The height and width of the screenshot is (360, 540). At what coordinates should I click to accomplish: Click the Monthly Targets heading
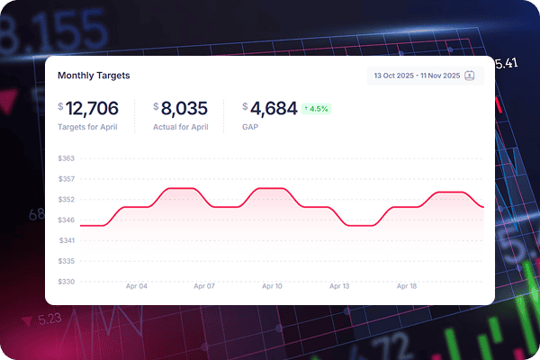(x=94, y=76)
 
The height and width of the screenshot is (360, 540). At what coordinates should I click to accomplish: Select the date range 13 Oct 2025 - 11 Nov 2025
(x=416, y=76)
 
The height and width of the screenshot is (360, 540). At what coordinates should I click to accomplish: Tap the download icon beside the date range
(x=469, y=76)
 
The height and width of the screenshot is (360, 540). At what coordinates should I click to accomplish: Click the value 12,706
(x=92, y=109)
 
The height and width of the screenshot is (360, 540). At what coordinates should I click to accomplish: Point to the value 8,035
(x=185, y=109)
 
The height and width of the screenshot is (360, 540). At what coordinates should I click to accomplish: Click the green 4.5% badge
(x=316, y=109)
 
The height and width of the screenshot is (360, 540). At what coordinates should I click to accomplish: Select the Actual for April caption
(x=181, y=128)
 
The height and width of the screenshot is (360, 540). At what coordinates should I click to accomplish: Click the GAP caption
(x=250, y=128)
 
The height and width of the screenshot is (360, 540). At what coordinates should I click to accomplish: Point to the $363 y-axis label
(x=66, y=158)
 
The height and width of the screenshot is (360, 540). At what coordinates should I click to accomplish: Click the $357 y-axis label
(x=66, y=178)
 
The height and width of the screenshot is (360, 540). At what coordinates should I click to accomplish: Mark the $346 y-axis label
(x=66, y=220)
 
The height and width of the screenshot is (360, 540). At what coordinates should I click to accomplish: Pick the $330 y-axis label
(x=66, y=282)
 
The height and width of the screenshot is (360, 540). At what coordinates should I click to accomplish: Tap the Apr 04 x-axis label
(x=136, y=286)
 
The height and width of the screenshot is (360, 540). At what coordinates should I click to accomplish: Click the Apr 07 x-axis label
(x=203, y=286)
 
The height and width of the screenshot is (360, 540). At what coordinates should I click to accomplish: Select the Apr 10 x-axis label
(x=271, y=286)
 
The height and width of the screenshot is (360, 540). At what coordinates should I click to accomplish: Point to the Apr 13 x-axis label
(x=339, y=286)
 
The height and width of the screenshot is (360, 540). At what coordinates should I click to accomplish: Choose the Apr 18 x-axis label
(x=407, y=286)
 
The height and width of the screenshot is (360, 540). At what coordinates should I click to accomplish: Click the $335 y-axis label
(x=66, y=261)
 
